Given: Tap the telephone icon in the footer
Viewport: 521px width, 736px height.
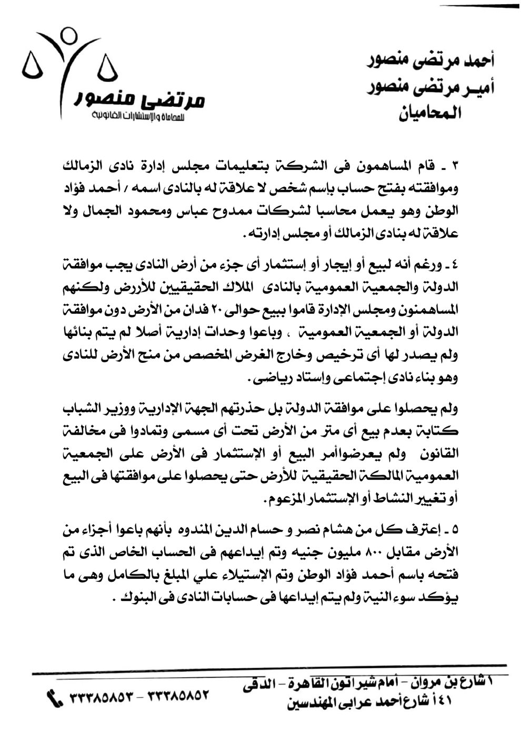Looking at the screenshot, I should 54,698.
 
